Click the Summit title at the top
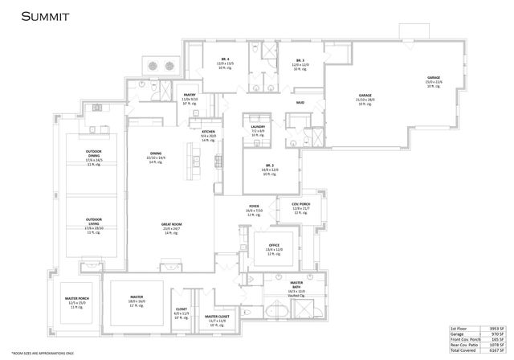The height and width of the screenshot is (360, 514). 44,15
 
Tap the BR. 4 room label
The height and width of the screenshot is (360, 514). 226,60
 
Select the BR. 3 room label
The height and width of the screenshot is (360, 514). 300,60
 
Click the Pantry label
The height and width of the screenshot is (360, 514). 190,95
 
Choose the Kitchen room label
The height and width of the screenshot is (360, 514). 208,131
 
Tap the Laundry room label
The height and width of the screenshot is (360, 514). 258,126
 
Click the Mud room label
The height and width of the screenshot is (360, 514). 300,104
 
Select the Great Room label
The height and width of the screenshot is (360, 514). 171,224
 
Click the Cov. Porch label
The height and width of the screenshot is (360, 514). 300,204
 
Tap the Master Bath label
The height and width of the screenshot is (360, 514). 296,283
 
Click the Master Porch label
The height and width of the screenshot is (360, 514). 77,299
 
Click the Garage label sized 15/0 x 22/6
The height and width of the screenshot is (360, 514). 433,78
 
